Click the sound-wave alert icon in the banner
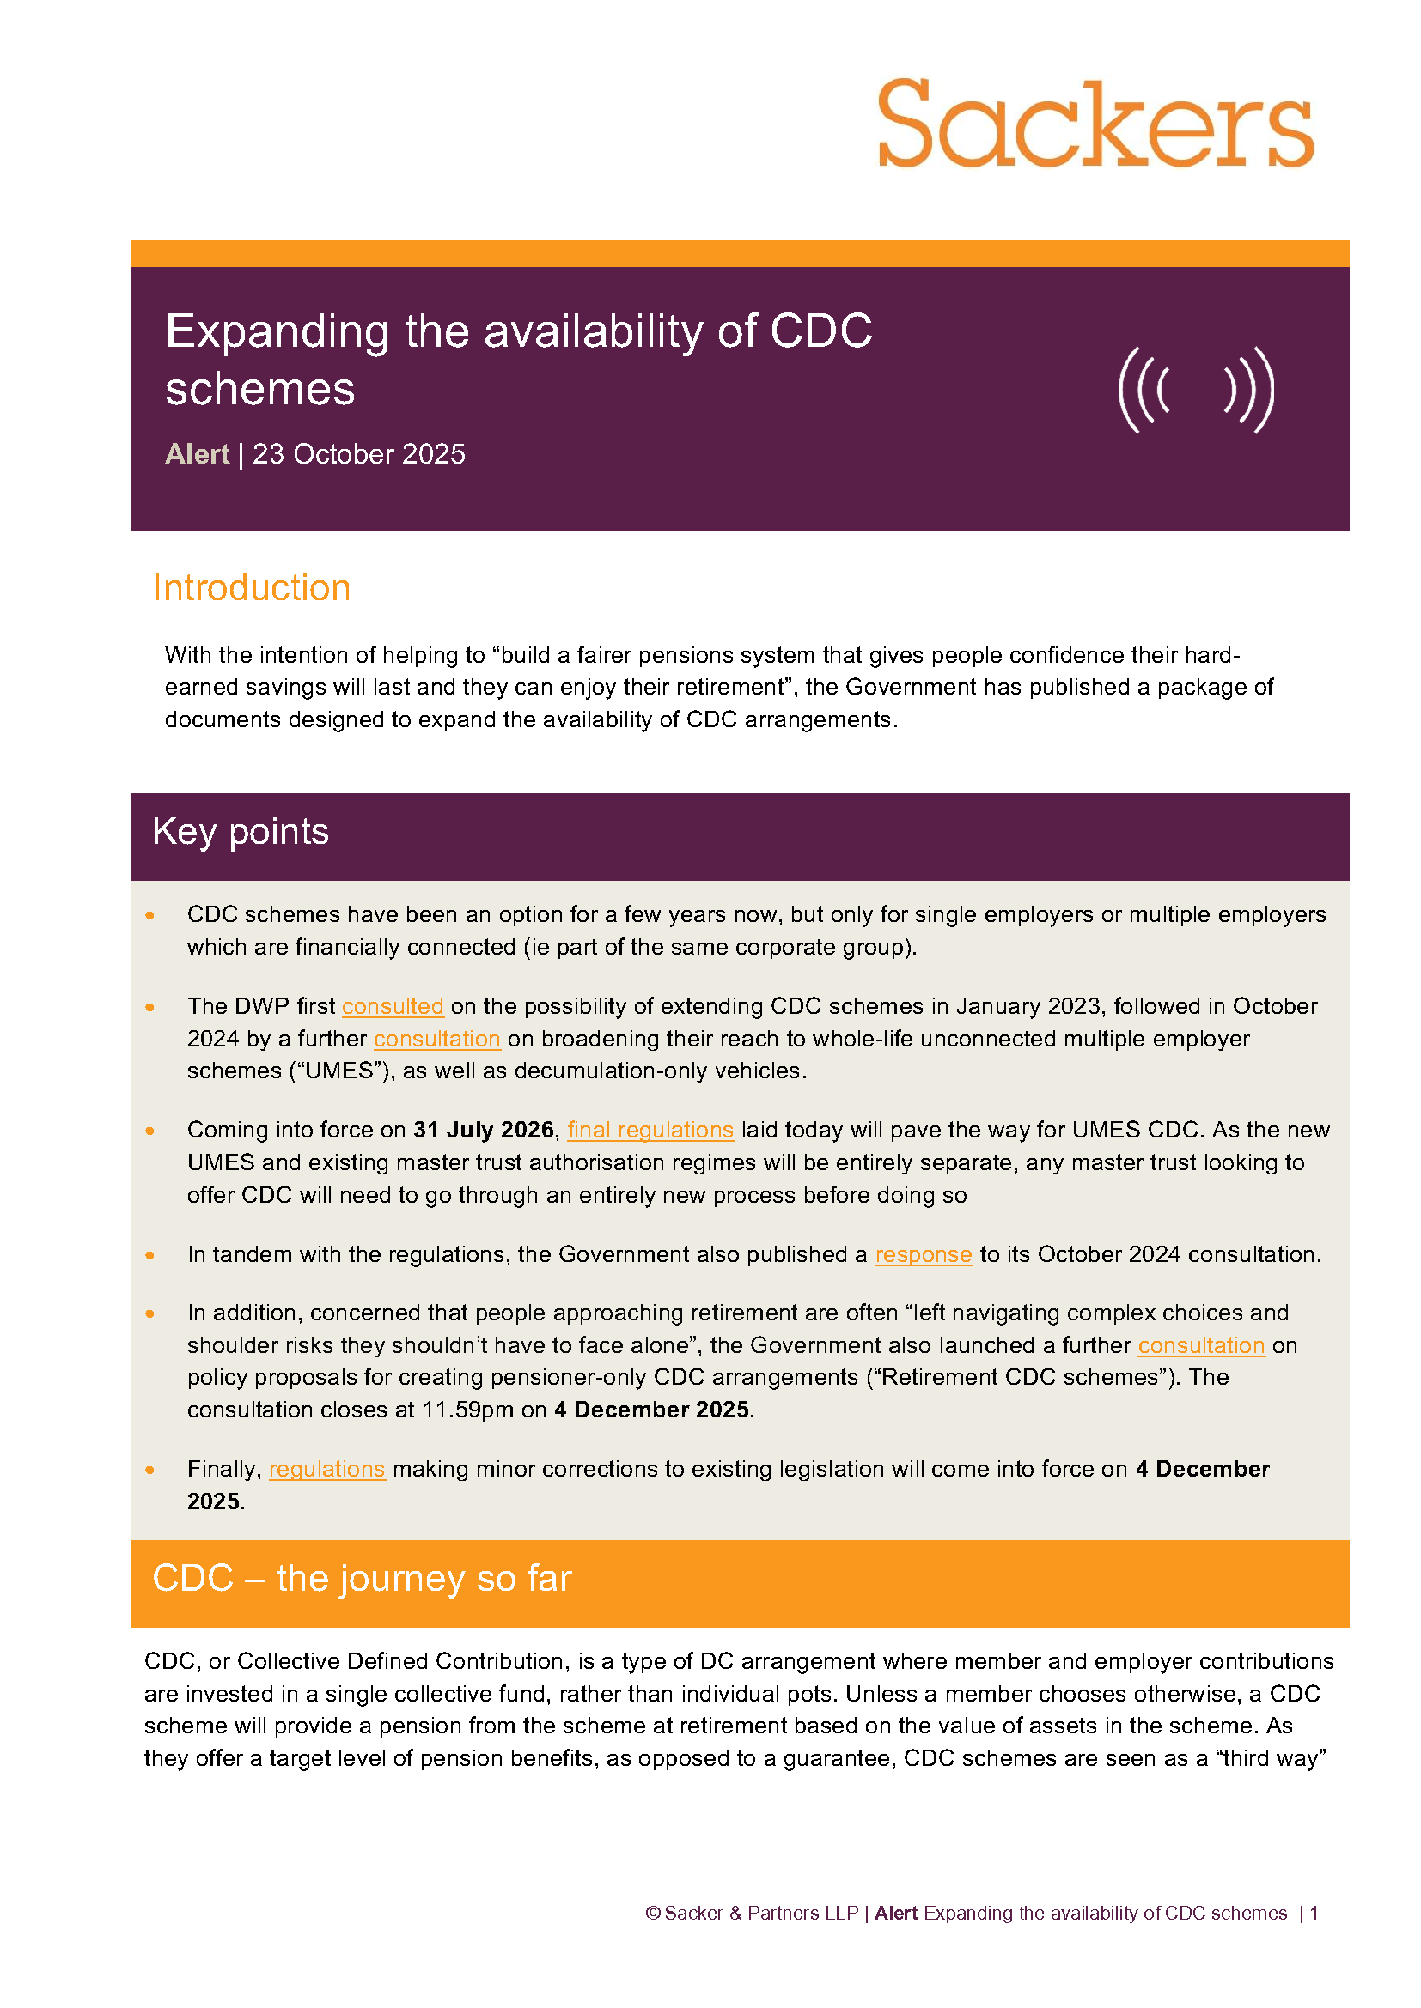[1195, 389]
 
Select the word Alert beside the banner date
[197, 454]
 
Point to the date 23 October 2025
[359, 454]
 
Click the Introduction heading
[251, 588]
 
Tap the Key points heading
[241, 831]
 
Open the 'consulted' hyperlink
[392, 1007]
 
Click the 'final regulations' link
[650, 1130]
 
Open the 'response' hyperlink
[923, 1254]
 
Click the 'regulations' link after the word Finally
[326, 1468]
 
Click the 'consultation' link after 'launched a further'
[1201, 1345]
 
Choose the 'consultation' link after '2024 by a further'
[436, 1039]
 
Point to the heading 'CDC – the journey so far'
[362, 1579]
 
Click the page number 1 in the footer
[1314, 1913]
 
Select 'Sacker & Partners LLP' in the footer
[761, 1913]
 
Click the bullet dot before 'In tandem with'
[150, 1255]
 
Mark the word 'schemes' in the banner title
[259, 389]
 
